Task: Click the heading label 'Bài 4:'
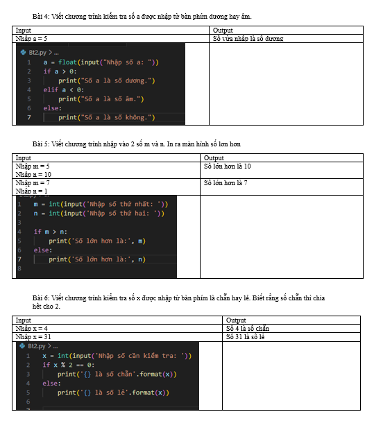click(41, 17)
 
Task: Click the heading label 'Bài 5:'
click(41, 144)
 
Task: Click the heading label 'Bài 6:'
click(41, 298)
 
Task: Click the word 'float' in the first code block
click(68, 62)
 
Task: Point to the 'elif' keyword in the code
click(51, 89)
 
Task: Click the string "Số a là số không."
click(118, 117)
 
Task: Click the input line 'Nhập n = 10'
click(33, 175)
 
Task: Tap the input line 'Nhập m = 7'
click(33, 183)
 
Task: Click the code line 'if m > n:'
click(51, 232)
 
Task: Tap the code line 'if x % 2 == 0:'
click(69, 365)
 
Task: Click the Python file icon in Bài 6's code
click(23, 346)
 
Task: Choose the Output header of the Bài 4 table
click(223, 31)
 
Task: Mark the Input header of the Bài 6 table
click(23, 320)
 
